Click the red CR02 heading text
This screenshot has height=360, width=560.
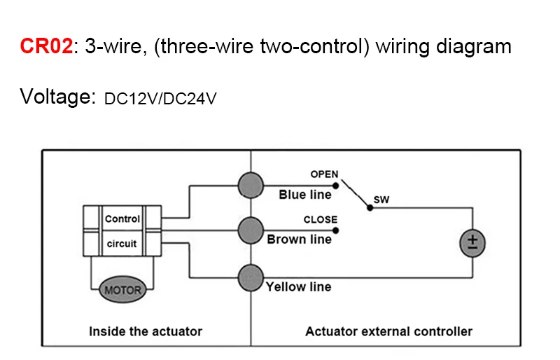45,48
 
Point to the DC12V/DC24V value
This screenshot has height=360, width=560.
160,99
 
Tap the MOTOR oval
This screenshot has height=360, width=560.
122,289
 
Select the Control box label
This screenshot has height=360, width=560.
122,219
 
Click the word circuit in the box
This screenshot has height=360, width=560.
122,244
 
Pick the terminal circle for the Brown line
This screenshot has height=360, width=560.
250,229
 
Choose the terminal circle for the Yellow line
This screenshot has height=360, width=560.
250,278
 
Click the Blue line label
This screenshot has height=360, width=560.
305,195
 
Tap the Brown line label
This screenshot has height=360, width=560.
300,240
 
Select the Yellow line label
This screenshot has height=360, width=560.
299,286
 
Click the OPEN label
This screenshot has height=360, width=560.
324,174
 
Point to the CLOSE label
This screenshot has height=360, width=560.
320,219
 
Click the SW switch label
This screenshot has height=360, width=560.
381,200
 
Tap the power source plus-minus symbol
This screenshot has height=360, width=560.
472,243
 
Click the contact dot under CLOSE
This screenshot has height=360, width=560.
336,230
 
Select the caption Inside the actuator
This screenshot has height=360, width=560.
146,331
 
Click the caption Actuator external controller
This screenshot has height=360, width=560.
388,331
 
